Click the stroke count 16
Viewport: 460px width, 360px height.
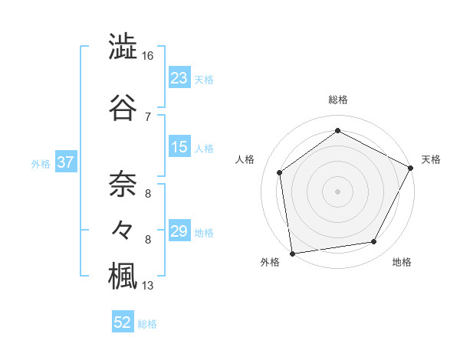point(148,56)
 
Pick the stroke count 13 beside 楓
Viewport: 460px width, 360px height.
point(148,286)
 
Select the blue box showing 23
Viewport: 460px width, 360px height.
point(179,78)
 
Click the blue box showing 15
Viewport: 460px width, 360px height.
point(179,147)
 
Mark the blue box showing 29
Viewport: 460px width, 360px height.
point(179,231)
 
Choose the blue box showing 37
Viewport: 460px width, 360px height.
point(65,162)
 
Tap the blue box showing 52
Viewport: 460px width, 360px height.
point(123,322)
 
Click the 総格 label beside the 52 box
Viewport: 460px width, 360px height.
point(148,324)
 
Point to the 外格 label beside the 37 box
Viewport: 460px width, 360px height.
point(41,163)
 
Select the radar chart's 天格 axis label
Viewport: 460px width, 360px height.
point(431,159)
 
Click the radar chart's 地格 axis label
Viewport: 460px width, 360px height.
point(402,262)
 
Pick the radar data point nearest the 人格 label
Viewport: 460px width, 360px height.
point(281,172)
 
